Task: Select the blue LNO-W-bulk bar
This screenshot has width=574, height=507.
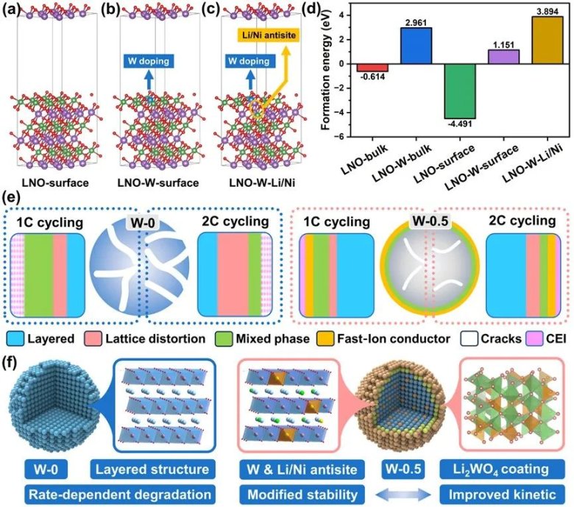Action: [x=416, y=46]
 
